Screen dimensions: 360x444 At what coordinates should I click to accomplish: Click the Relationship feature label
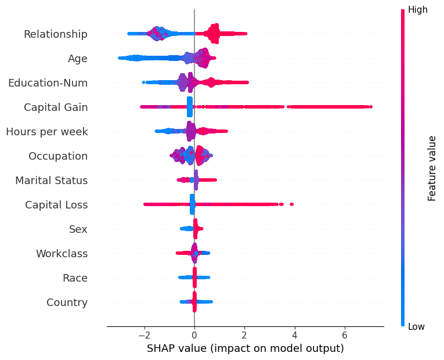tap(56, 34)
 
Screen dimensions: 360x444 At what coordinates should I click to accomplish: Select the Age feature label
tap(78, 59)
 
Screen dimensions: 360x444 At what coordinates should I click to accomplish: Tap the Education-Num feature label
tap(48, 83)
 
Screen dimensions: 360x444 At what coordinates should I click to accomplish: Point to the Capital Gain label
tap(56, 107)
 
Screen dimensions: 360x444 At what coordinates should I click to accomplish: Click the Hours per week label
tap(47, 132)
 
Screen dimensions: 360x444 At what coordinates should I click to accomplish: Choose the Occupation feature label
tap(58, 156)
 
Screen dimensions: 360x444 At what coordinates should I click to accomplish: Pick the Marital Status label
tap(52, 181)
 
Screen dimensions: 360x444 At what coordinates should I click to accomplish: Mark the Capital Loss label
tap(56, 205)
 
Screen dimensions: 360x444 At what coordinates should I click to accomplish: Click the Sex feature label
tap(78, 229)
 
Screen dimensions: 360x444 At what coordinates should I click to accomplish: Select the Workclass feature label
tap(62, 254)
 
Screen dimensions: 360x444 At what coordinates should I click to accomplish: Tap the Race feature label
tap(75, 278)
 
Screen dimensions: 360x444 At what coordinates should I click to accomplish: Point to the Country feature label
tap(67, 303)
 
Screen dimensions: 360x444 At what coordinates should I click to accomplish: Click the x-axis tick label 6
tap(345, 336)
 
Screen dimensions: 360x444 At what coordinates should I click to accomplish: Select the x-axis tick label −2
tap(144, 336)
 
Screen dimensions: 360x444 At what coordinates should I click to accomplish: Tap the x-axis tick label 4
tap(295, 336)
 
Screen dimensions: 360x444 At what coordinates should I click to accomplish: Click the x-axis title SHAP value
tap(245, 348)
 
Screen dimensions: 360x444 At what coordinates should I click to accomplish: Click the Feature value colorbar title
tap(432, 168)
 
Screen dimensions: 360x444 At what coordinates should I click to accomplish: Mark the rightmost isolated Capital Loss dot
tap(291, 204)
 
